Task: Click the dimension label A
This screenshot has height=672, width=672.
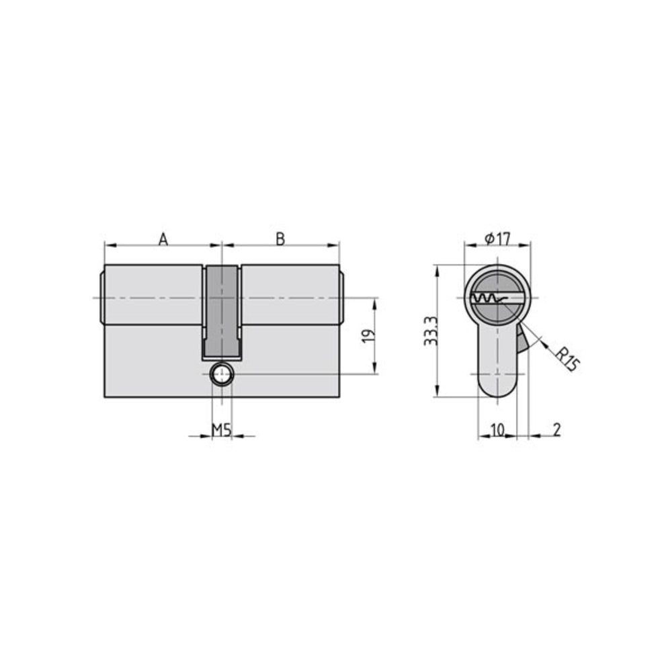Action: tap(163, 238)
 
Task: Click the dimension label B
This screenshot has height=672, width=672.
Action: tap(281, 238)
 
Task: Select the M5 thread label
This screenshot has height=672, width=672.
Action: tap(222, 429)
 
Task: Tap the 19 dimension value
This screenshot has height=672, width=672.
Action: tap(366, 336)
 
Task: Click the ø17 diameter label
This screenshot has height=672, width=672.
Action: tap(497, 238)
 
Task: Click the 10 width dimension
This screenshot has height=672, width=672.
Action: tap(497, 429)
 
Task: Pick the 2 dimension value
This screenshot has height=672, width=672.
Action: tap(557, 429)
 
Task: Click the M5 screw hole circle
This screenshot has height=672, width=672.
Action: tap(221, 374)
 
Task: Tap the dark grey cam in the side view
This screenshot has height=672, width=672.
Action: tap(221, 309)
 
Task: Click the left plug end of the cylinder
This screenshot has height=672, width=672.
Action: tap(101, 297)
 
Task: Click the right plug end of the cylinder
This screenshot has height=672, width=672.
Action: tap(341, 297)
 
